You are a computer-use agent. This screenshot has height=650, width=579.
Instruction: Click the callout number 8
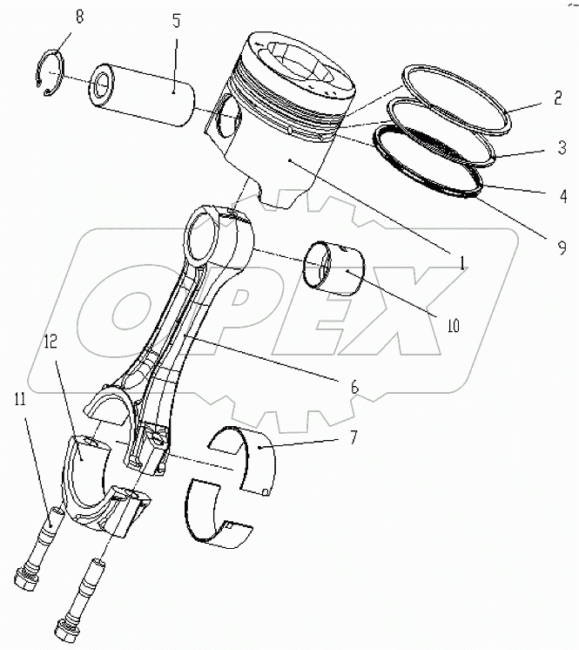pos(78,17)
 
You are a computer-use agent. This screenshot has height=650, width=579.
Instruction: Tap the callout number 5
pos(177,21)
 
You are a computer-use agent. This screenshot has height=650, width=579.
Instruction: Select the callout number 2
pos(558,98)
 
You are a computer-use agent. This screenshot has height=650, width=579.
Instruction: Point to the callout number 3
pos(562,147)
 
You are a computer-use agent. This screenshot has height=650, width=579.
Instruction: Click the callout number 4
pos(562,196)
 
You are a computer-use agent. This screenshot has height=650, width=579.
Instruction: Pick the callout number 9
pos(562,247)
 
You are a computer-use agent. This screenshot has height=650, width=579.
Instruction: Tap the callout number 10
pos(454,326)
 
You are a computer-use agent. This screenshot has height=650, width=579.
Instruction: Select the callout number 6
pos(354,387)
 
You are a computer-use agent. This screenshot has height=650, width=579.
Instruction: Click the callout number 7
pos(353,437)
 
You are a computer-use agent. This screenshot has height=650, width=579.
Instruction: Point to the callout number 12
pos(50,342)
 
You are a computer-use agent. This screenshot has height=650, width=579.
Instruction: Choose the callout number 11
pos(20,400)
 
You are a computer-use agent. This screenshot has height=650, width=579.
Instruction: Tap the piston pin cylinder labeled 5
pos(143,94)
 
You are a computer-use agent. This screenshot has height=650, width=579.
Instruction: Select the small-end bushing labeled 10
pos(333,267)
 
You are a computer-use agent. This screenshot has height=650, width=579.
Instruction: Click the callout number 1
pos(462,263)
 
